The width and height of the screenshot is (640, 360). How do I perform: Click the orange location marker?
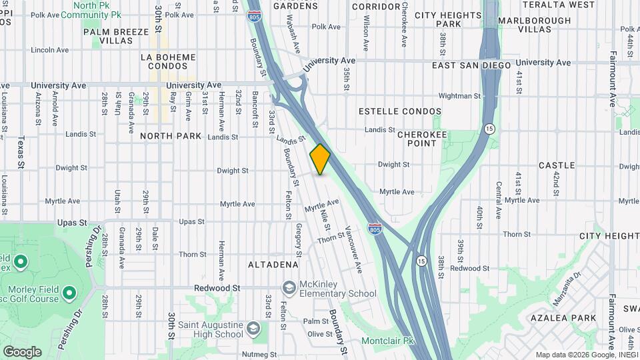tap(320, 159)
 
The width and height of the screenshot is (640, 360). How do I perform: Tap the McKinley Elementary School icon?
tap(289, 287)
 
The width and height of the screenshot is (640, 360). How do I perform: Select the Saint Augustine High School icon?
tap(253, 328)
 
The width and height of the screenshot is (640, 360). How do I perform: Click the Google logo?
tap(22, 352)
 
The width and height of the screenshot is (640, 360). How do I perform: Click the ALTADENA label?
tap(273, 265)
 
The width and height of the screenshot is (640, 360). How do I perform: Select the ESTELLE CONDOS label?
tap(400, 111)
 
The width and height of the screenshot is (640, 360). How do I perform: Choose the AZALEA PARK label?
tap(563, 318)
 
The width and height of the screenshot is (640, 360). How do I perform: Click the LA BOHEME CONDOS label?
tap(169, 62)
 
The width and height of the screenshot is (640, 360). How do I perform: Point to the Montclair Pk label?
tap(388, 341)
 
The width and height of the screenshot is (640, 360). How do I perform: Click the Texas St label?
tap(21, 152)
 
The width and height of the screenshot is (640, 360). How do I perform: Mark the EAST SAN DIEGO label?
tap(471, 65)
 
